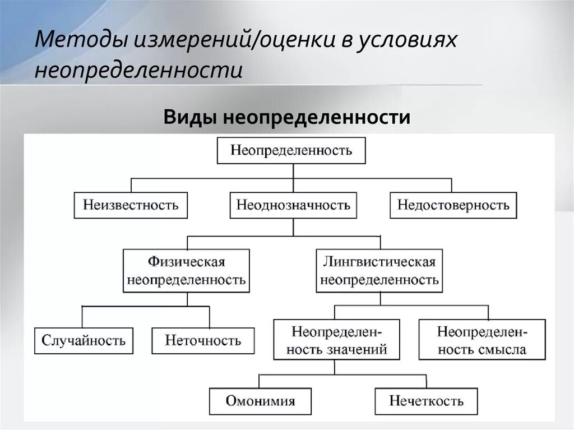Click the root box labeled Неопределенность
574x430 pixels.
coord(291,150)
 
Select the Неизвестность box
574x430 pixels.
coord(131,205)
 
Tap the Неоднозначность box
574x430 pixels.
coord(293,205)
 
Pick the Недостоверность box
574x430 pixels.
coord(453,205)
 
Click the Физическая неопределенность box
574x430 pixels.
coord(187,271)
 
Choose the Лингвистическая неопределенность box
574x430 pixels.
coord(379,271)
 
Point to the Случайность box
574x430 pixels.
coord(84,340)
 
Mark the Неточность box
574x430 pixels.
coord(203,340)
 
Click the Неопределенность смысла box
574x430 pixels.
coord(482,340)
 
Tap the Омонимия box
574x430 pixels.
coord(260,401)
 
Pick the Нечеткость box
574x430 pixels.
coord(427,401)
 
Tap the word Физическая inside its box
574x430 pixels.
coord(187,262)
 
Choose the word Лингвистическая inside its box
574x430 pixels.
coord(379,262)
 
